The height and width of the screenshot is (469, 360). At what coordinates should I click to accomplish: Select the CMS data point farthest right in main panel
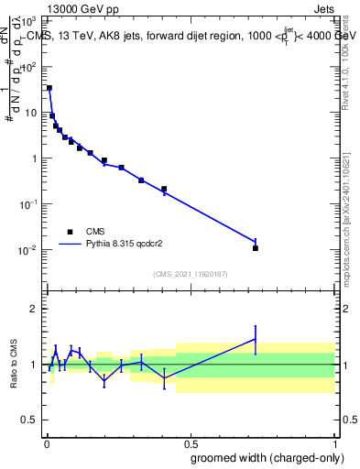point(256,248)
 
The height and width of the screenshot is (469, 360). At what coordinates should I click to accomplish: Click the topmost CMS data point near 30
point(49,88)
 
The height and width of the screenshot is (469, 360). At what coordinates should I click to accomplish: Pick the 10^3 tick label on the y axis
point(29,20)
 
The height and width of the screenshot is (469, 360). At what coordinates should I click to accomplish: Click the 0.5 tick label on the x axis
point(190,442)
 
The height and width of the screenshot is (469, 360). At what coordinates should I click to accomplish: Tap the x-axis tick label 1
point(333,442)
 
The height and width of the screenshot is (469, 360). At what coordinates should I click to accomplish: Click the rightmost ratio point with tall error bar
point(256,339)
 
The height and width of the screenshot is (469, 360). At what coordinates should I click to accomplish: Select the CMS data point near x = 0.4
point(164,190)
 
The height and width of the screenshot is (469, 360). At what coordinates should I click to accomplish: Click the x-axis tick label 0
point(46,442)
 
